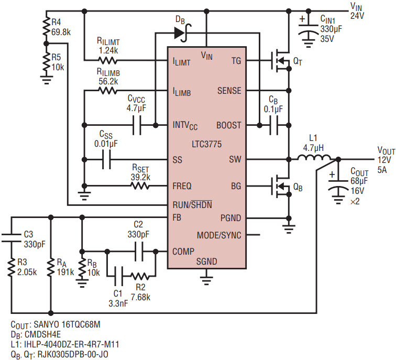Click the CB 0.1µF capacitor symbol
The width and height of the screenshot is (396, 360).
tap(274, 125)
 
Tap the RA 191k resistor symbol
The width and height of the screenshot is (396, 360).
tap(51, 268)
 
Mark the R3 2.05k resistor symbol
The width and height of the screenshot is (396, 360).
tap(12, 268)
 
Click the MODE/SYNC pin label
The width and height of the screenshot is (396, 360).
tap(219, 235)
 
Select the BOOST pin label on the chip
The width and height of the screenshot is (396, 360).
tap(229, 125)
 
